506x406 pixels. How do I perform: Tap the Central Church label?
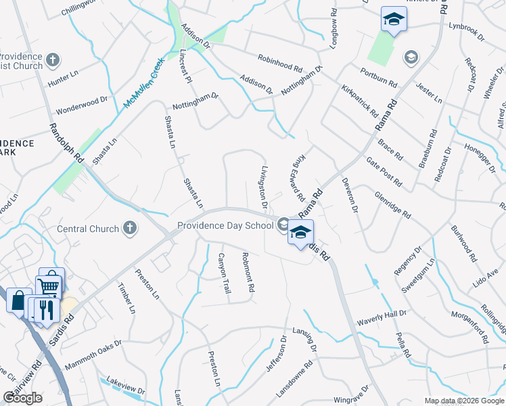(88, 229)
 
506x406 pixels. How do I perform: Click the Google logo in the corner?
(22, 398)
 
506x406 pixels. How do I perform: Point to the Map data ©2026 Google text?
(464, 401)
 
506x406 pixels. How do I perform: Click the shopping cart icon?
(50, 284)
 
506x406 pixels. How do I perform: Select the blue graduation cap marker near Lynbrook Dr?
(393, 20)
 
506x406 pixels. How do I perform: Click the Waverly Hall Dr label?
(382, 314)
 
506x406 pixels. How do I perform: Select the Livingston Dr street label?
(264, 186)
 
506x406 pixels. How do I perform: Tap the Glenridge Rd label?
(392, 204)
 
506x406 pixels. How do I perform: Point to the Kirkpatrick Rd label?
(359, 97)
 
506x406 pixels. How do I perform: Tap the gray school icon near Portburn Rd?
(410, 57)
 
